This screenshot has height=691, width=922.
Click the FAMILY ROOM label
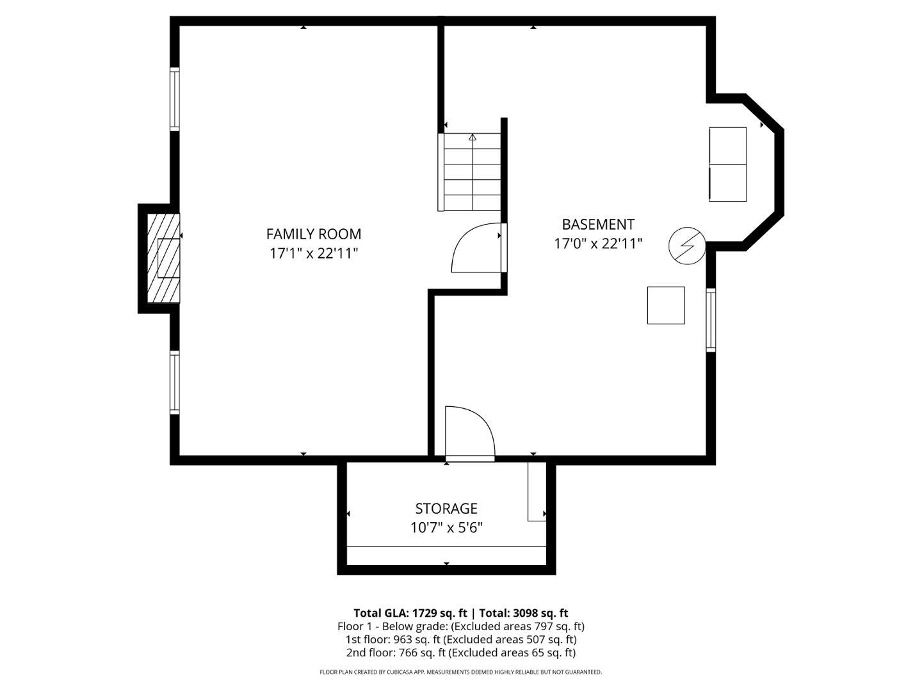(313, 234)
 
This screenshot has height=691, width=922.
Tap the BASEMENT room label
(598, 225)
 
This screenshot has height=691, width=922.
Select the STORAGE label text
(446, 509)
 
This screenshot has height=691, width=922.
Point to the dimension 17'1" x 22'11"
(313, 253)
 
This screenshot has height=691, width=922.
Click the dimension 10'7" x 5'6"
(446, 528)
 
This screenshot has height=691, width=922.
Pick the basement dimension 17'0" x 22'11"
(598, 243)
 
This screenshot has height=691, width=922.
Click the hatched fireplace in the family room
(163, 258)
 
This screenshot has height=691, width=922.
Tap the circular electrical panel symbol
(687, 246)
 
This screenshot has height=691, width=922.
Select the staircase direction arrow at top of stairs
(473, 137)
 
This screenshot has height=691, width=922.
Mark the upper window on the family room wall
(175, 99)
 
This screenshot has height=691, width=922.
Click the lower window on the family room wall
(175, 382)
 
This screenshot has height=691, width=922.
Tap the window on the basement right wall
(711, 320)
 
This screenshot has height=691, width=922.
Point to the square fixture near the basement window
(666, 305)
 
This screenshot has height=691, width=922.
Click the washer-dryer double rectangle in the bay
(728, 164)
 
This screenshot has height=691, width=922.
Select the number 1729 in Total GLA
(425, 613)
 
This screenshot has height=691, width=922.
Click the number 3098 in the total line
(526, 613)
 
